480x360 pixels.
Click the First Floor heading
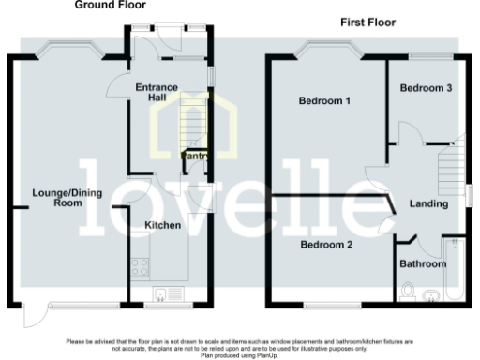(368, 22)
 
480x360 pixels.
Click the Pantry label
(195, 157)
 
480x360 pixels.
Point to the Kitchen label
(162, 225)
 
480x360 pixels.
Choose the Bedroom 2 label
(325, 245)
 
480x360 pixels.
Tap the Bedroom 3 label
(427, 88)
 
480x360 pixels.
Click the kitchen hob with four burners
(141, 266)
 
